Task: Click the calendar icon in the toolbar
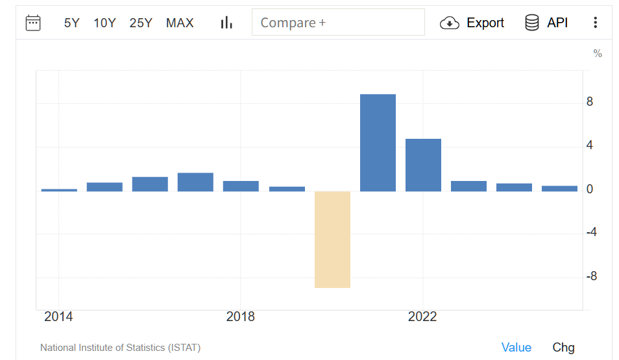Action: (33, 23)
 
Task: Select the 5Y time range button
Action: (71, 23)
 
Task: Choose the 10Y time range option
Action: (104, 23)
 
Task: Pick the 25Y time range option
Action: (141, 23)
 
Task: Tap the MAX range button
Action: (180, 23)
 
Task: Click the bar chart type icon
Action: (226, 23)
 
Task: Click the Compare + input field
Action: (337, 23)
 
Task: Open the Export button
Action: (472, 23)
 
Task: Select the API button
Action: (546, 23)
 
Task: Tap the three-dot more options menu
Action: (595, 23)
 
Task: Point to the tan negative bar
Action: (332, 239)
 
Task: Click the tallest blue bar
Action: (378, 143)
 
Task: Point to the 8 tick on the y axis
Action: (590, 102)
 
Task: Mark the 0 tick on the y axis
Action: (590, 189)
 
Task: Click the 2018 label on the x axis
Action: (240, 317)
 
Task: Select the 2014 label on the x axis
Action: (58, 317)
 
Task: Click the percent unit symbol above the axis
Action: (598, 54)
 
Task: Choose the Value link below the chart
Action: (516, 348)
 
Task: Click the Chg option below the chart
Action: (563, 348)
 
